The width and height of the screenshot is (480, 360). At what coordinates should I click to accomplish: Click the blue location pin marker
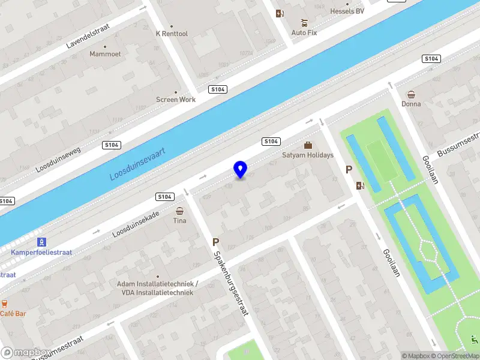point(241,170)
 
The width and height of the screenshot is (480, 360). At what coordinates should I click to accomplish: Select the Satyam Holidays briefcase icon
point(308,145)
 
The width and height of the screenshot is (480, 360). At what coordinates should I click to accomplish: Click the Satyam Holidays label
point(308,155)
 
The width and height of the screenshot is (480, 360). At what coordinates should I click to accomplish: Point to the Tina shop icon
point(180,211)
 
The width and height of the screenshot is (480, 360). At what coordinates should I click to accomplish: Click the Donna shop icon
point(411,94)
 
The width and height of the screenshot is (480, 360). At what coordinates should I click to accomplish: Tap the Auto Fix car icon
point(304,23)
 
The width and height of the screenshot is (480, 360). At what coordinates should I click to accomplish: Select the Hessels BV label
point(347,11)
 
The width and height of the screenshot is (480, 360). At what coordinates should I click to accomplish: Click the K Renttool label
point(172,34)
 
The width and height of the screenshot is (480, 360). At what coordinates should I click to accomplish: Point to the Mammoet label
point(105,54)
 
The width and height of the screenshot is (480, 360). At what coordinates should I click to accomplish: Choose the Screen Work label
point(176,100)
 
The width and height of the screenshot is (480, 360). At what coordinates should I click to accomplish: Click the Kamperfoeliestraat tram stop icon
point(41,242)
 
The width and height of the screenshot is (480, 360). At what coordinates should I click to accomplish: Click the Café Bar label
point(13,314)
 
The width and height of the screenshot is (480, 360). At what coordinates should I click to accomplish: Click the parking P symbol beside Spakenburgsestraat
point(215,242)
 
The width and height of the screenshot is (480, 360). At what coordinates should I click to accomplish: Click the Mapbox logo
point(25,353)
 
